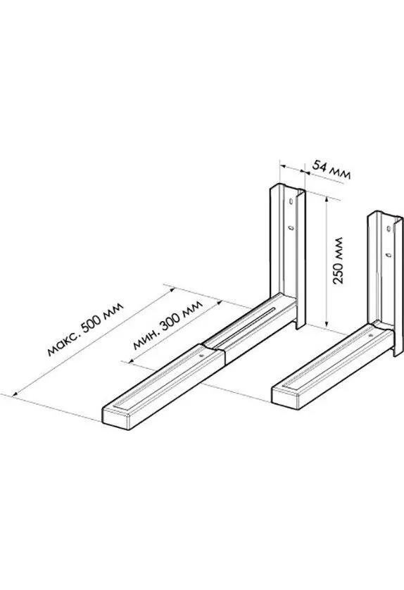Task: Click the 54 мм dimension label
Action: [332, 170]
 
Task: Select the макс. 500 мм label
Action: [85, 329]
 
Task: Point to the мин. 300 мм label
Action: [168, 325]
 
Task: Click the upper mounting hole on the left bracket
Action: [291, 201]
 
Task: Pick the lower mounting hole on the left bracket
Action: [291, 228]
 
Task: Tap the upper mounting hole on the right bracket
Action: [389, 228]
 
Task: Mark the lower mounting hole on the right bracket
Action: [389, 255]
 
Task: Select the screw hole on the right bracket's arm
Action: [370, 335]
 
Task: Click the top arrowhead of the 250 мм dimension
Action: [327, 199]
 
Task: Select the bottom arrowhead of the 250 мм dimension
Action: [327, 323]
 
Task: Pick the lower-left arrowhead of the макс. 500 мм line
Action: [15, 394]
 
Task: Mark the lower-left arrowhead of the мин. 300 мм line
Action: [132, 362]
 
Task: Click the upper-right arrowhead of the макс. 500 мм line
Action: [172, 290]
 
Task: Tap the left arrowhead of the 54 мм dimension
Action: [284, 165]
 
